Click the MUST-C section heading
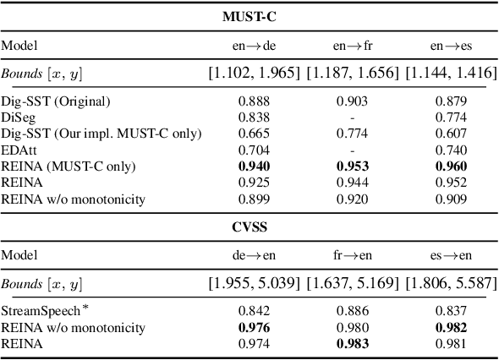(249, 16)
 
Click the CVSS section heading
(249, 227)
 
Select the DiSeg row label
(18, 116)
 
